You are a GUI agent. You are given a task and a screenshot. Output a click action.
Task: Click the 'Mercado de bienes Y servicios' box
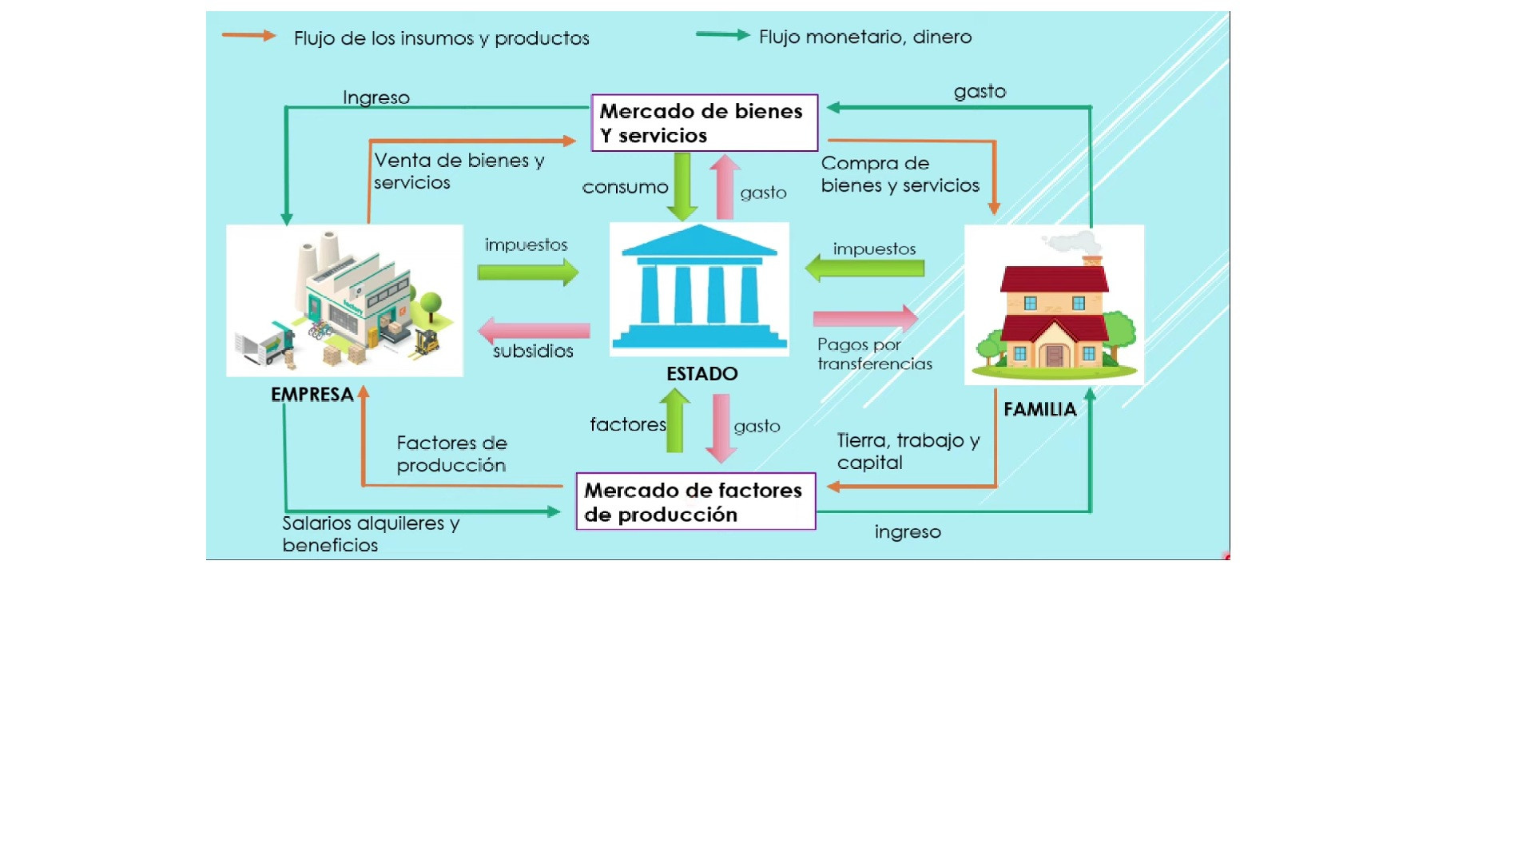704,123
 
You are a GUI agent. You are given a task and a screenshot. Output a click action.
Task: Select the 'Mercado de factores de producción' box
695,502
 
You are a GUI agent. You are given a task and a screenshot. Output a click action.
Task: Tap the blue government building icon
699,288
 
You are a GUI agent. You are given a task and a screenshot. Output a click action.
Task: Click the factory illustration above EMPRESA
344,300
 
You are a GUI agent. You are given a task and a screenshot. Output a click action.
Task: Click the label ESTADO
701,374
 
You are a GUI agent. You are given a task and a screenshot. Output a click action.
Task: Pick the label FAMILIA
1039,409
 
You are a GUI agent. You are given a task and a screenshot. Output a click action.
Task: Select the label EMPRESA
312,395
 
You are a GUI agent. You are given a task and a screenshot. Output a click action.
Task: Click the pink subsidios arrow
534,330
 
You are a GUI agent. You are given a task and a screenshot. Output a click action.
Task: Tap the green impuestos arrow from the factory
528,272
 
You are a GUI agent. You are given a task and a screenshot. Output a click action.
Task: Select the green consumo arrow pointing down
682,186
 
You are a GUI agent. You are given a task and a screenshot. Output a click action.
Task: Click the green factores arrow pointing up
675,420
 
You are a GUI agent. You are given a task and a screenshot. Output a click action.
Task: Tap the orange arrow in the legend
248,35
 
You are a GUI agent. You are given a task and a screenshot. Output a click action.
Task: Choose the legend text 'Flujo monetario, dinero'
864,37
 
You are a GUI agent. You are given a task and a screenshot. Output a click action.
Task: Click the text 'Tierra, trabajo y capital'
908,451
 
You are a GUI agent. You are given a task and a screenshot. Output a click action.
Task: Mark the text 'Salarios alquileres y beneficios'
370,534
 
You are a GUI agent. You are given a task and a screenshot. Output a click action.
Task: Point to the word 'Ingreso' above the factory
376,97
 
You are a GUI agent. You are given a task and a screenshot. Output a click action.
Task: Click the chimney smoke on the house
1073,241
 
